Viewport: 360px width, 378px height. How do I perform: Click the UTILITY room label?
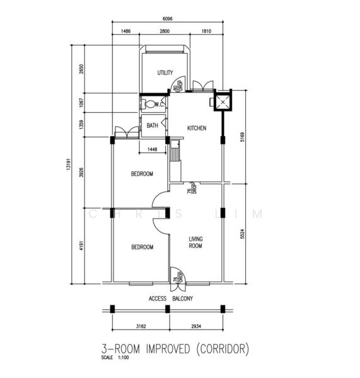click(x=165, y=73)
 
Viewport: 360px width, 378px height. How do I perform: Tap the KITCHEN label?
click(x=197, y=128)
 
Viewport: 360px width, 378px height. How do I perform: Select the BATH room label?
click(x=153, y=126)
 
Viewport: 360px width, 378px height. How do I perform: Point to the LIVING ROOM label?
click(x=195, y=243)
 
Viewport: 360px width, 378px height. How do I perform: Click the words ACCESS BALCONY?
click(x=171, y=298)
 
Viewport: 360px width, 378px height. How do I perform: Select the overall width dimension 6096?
click(x=166, y=18)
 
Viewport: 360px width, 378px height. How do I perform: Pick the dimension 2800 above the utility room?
click(x=166, y=31)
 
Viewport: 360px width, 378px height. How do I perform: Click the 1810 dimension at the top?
click(x=206, y=31)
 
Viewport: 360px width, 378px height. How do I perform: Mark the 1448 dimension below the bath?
click(x=152, y=149)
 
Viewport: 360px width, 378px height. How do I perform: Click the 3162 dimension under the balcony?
click(x=139, y=327)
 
